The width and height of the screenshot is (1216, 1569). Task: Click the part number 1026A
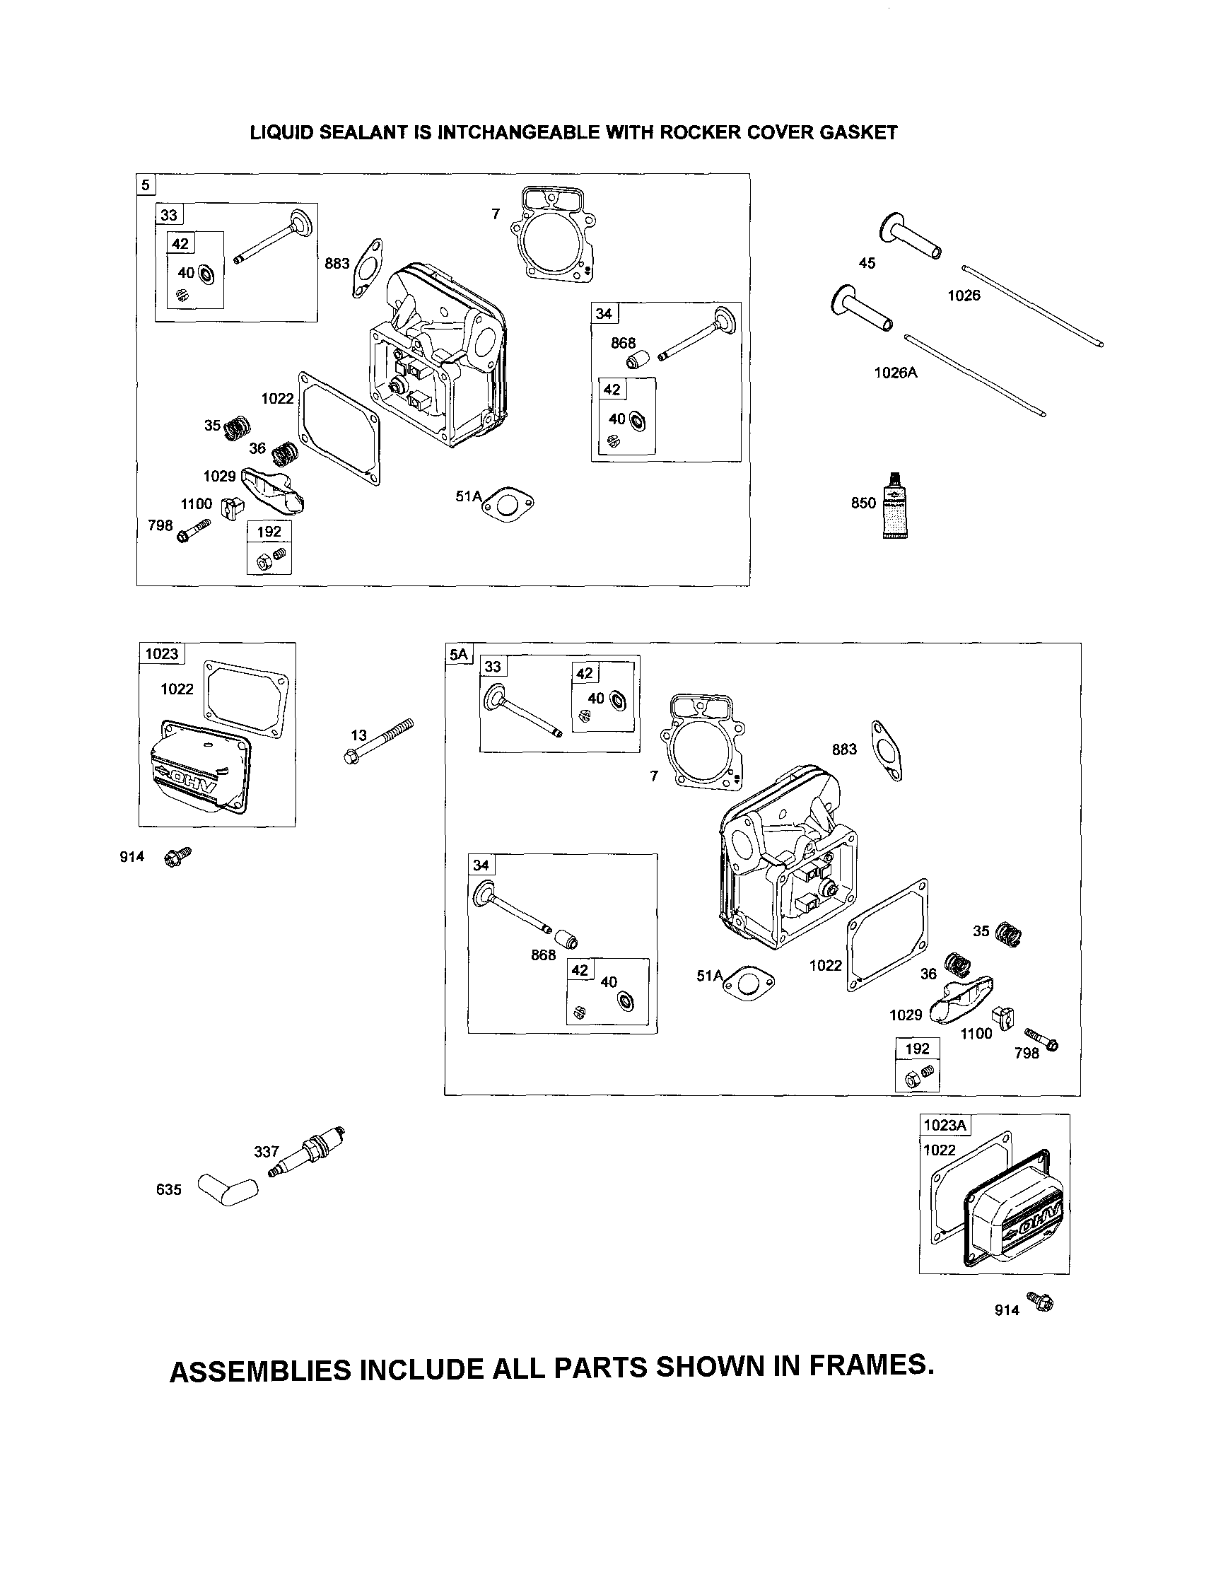point(895,373)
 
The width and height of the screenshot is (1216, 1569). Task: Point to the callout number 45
point(867,264)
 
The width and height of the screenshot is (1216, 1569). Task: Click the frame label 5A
point(458,654)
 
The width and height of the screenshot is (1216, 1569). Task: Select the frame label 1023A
point(945,1125)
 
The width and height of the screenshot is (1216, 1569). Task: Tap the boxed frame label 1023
point(162,654)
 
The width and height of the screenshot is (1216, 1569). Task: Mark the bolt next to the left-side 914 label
point(177,856)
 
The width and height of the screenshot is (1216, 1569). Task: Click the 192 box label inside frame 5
point(269,532)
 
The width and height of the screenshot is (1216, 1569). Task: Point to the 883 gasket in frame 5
point(367,267)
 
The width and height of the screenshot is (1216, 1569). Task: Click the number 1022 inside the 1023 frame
point(177,689)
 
